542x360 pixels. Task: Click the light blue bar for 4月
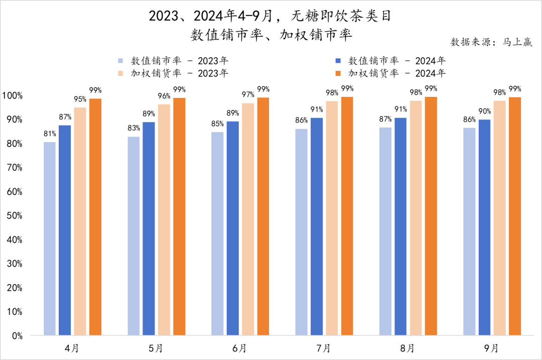[x=50, y=238]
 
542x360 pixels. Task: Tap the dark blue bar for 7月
[x=317, y=226]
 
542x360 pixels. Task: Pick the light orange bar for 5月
[x=164, y=219]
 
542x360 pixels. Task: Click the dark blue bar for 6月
[x=233, y=228]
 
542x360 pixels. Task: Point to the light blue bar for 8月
[x=385, y=231]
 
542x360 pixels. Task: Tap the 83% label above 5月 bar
[x=133, y=129]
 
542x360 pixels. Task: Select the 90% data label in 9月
[x=484, y=111]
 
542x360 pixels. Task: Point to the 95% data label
[x=80, y=99]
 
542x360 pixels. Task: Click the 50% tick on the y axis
[x=14, y=215]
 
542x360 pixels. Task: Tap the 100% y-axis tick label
[x=12, y=95]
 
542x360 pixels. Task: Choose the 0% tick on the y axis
[x=16, y=335]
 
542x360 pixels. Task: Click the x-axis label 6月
[x=240, y=347]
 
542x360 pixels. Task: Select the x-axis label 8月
[x=408, y=347]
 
